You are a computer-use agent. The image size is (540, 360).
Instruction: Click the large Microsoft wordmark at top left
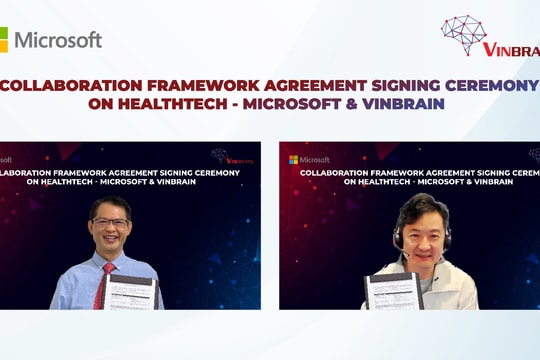57,40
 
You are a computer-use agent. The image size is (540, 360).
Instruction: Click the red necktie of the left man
100,286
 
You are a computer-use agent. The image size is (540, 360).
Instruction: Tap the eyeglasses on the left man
109,223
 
